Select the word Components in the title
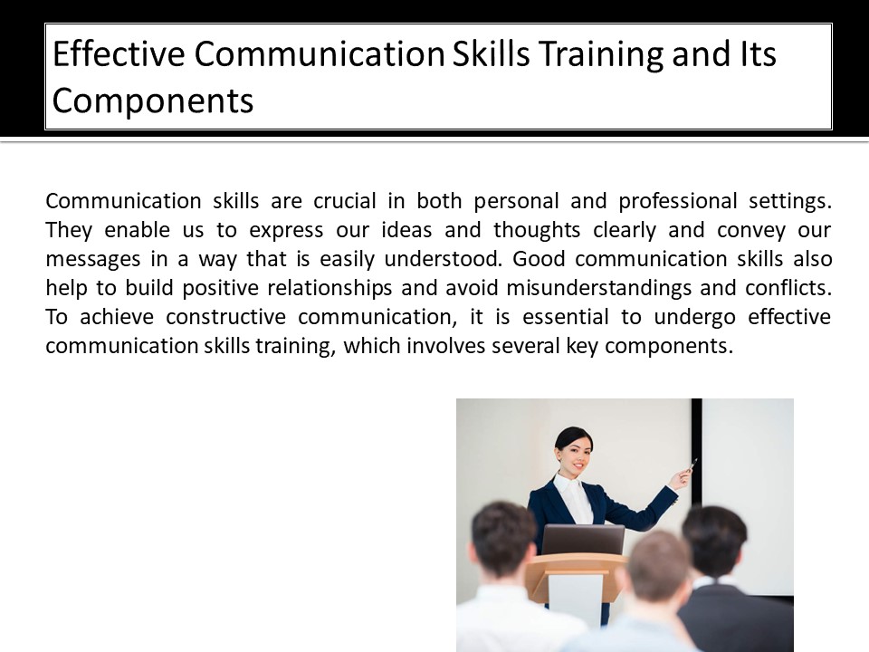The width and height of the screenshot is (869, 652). click(152, 101)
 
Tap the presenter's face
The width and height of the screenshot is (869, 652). click(573, 452)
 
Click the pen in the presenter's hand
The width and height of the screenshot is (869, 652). click(692, 465)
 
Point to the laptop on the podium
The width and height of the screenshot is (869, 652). click(583, 540)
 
